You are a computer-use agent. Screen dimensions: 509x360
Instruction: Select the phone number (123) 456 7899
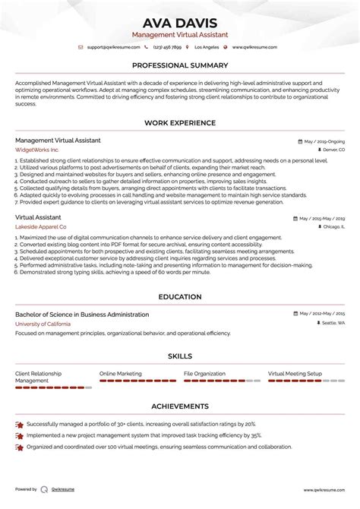(167, 47)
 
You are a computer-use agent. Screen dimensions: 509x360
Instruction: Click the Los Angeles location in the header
(206, 47)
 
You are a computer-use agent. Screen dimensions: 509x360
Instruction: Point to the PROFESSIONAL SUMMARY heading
(180, 66)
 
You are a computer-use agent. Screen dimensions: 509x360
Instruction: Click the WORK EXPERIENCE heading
(180, 122)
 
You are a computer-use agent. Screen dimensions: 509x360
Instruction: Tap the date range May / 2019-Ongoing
(323, 141)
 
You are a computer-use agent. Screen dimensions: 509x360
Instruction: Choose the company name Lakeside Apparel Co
(40, 226)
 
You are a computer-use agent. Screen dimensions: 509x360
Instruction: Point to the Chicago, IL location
(332, 226)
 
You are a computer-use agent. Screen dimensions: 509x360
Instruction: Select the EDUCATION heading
(180, 297)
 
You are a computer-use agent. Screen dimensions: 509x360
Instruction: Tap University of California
(43, 324)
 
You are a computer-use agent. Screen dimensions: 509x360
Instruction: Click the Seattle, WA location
(332, 324)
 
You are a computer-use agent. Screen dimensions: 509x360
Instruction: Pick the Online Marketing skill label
(120, 374)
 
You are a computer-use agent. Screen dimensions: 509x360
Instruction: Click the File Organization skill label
(204, 374)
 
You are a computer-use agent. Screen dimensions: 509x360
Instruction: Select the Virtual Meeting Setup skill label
(295, 374)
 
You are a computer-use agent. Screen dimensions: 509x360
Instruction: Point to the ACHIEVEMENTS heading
(180, 406)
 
